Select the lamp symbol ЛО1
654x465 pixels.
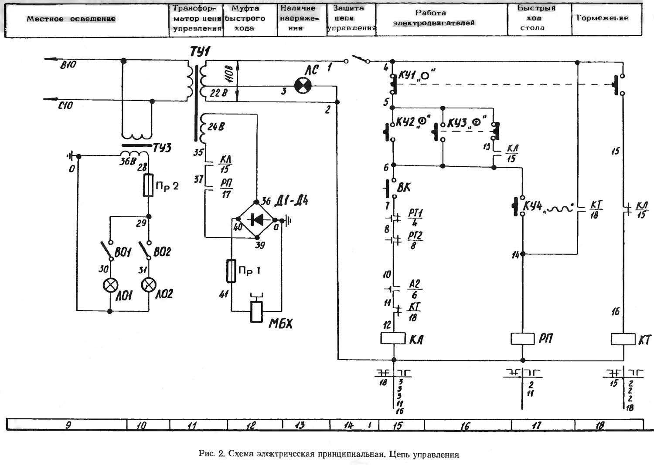(x=110, y=285)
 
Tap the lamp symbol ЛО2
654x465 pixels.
(x=149, y=285)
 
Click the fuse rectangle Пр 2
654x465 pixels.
(x=148, y=185)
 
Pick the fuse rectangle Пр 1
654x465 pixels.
(x=232, y=271)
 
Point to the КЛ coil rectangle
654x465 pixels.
(x=393, y=338)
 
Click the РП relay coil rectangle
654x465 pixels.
(x=523, y=338)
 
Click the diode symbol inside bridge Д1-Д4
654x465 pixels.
(x=256, y=220)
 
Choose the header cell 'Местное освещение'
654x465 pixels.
(x=71, y=19)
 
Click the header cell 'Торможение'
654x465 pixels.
(x=602, y=18)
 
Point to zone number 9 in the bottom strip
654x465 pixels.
(x=68, y=425)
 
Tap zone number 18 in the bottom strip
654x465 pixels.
(x=600, y=425)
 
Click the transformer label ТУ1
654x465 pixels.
(x=199, y=52)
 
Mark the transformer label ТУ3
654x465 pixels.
(x=162, y=148)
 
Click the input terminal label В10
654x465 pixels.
(x=68, y=65)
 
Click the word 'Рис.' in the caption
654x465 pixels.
(x=205, y=454)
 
